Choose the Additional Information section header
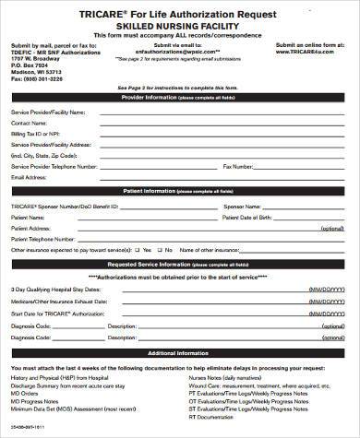pos(182,353)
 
